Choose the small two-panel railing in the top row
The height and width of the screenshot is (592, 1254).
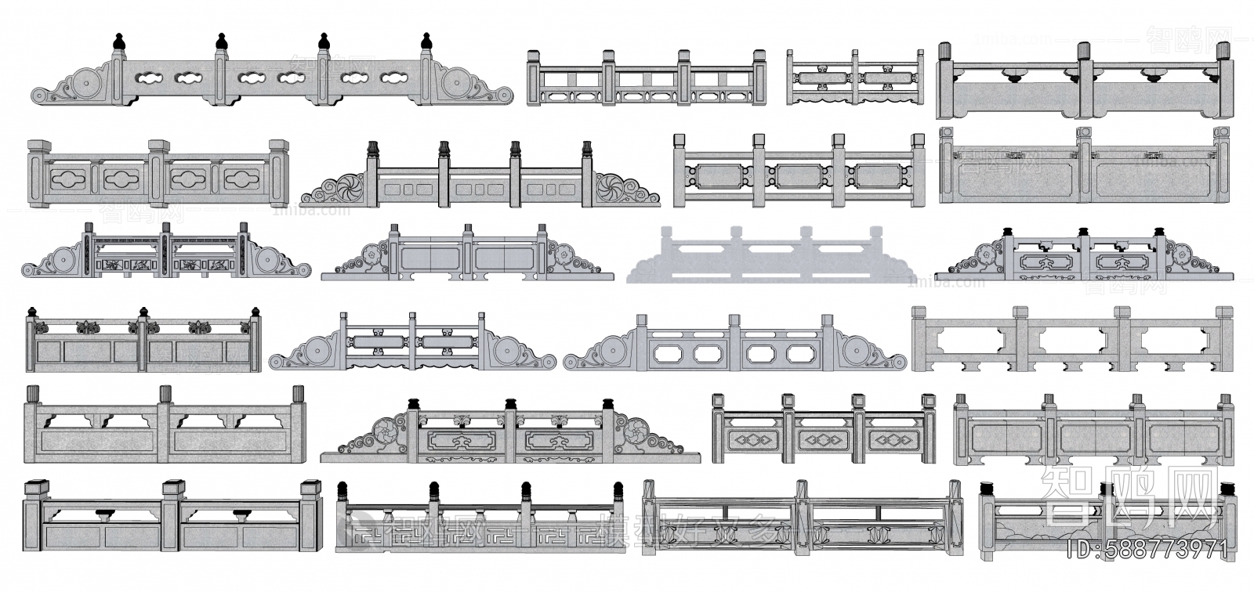(855, 78)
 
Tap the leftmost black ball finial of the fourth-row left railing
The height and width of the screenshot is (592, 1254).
(32, 312)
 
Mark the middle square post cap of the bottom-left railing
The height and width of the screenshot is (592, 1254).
(173, 488)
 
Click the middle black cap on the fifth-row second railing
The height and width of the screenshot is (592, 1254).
(512, 403)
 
